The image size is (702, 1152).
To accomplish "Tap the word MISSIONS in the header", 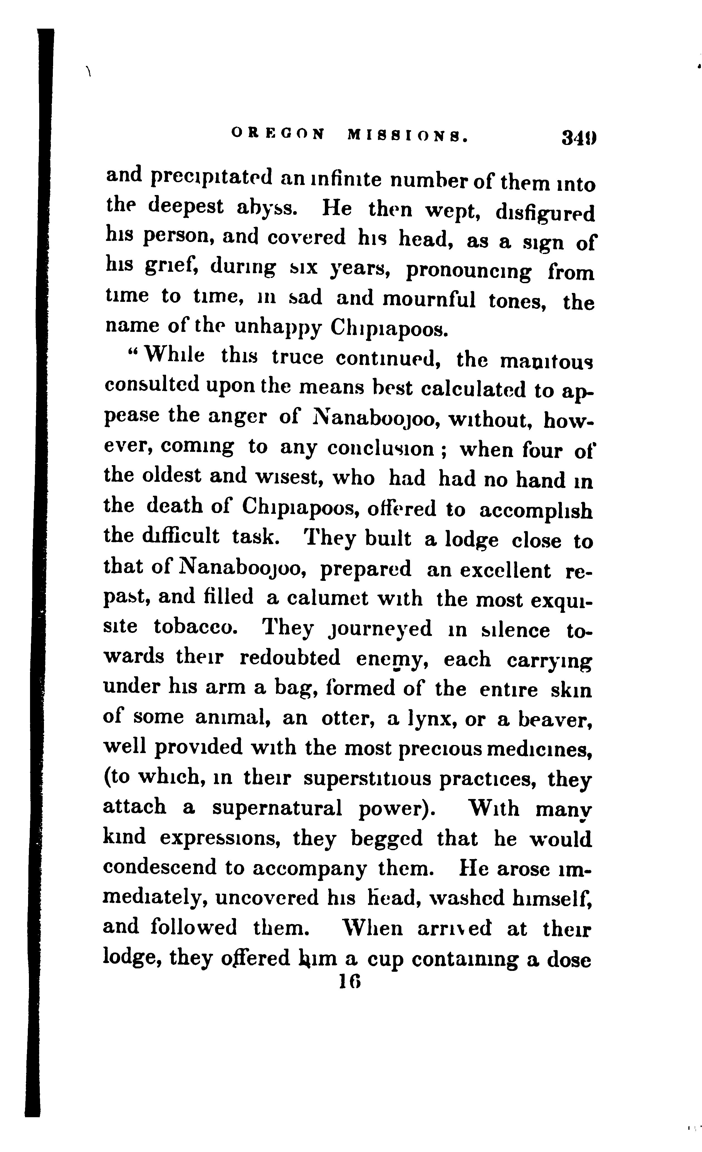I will click(x=407, y=135).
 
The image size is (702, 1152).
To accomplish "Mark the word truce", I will click(x=298, y=358).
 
